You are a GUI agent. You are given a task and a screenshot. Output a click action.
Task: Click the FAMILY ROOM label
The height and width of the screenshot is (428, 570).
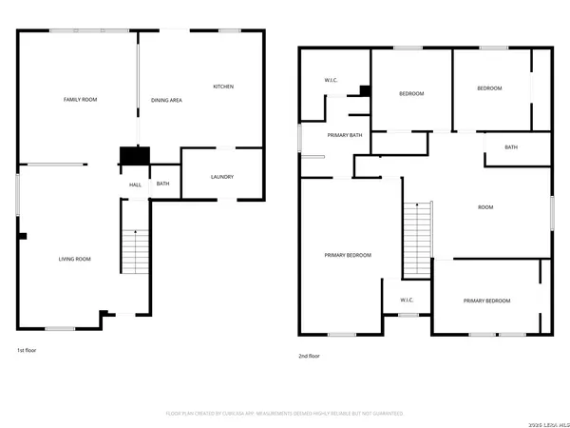[81, 99]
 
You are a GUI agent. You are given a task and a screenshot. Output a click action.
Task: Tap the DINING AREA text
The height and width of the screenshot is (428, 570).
[167, 99]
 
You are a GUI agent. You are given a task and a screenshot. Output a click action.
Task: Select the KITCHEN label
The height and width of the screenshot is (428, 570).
[223, 87]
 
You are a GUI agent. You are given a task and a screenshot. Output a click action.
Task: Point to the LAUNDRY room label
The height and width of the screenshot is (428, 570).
[221, 176]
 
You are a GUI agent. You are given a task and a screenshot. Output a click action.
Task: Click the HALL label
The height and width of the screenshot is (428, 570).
[135, 184]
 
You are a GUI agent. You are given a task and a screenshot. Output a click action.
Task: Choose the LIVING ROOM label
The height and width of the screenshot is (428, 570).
[75, 259]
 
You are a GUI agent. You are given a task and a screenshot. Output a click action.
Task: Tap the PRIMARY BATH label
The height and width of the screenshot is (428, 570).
[345, 135]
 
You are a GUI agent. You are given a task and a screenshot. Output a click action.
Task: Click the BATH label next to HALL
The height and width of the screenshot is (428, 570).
[163, 184]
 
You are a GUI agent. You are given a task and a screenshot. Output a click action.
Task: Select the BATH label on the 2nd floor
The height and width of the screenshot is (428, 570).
[511, 146]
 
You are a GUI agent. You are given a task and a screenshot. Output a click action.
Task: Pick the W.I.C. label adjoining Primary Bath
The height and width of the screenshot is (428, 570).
[332, 80]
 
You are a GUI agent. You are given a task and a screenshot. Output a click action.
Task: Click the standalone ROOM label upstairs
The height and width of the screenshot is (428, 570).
[485, 206]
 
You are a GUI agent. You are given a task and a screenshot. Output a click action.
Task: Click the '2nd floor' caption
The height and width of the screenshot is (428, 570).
[310, 356]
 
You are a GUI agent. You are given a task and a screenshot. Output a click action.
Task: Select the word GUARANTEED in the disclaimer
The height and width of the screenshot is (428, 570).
[384, 414]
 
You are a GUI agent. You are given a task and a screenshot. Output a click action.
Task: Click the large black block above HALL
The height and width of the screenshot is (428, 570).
[134, 156]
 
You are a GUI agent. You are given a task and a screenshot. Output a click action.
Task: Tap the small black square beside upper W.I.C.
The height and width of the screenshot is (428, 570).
[364, 91]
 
